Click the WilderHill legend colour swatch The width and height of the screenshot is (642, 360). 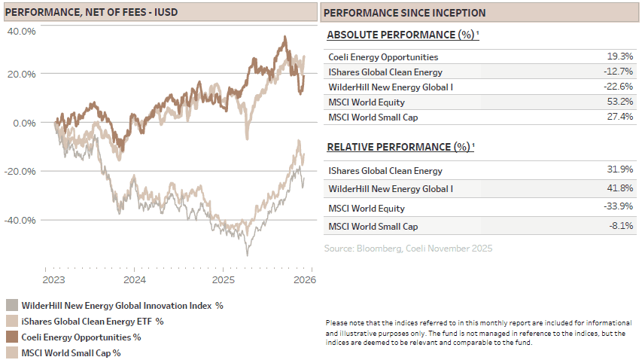[x=11, y=305]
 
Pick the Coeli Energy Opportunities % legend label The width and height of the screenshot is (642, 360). [x=81, y=337]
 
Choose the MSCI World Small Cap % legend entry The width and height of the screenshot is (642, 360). [x=72, y=352]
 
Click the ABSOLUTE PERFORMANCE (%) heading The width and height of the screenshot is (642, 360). [x=402, y=35]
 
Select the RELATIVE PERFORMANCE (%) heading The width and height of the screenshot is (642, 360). [x=400, y=147]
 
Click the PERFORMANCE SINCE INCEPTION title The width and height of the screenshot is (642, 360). [x=404, y=13]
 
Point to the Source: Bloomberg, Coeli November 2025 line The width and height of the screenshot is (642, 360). [x=408, y=248]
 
